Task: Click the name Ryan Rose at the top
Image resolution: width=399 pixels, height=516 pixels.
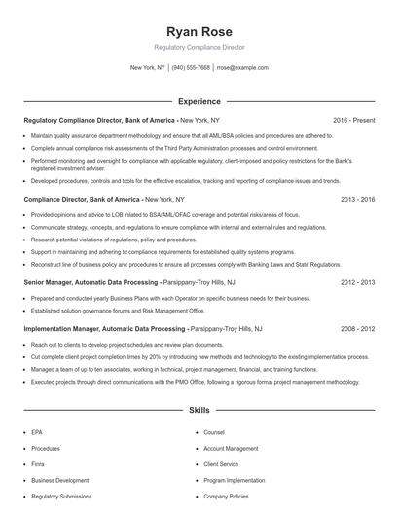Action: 199,31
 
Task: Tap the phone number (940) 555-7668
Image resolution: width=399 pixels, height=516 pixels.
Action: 191,68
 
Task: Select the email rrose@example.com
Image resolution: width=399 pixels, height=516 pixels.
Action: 242,68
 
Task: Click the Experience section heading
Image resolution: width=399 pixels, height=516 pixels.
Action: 199,101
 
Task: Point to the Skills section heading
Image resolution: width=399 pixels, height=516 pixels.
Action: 199,412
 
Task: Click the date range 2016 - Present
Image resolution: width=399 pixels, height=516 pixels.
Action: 353,120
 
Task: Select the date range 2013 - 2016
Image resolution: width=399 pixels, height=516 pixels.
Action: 358,199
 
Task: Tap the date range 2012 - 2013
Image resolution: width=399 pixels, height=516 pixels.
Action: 358,281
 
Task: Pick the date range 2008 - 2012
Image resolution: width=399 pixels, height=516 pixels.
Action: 358,329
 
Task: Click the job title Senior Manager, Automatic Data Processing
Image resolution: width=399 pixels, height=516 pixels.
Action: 91,281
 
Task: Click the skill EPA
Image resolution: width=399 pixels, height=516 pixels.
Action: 37,432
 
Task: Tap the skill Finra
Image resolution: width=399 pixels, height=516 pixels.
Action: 38,464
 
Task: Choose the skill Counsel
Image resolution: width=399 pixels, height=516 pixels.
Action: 214,432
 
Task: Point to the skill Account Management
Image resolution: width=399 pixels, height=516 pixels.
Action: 231,449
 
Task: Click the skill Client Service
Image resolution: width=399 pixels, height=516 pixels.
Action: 223,464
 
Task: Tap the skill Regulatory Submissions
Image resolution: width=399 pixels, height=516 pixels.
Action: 62,497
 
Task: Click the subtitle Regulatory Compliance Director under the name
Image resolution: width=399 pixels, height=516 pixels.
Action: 199,47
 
